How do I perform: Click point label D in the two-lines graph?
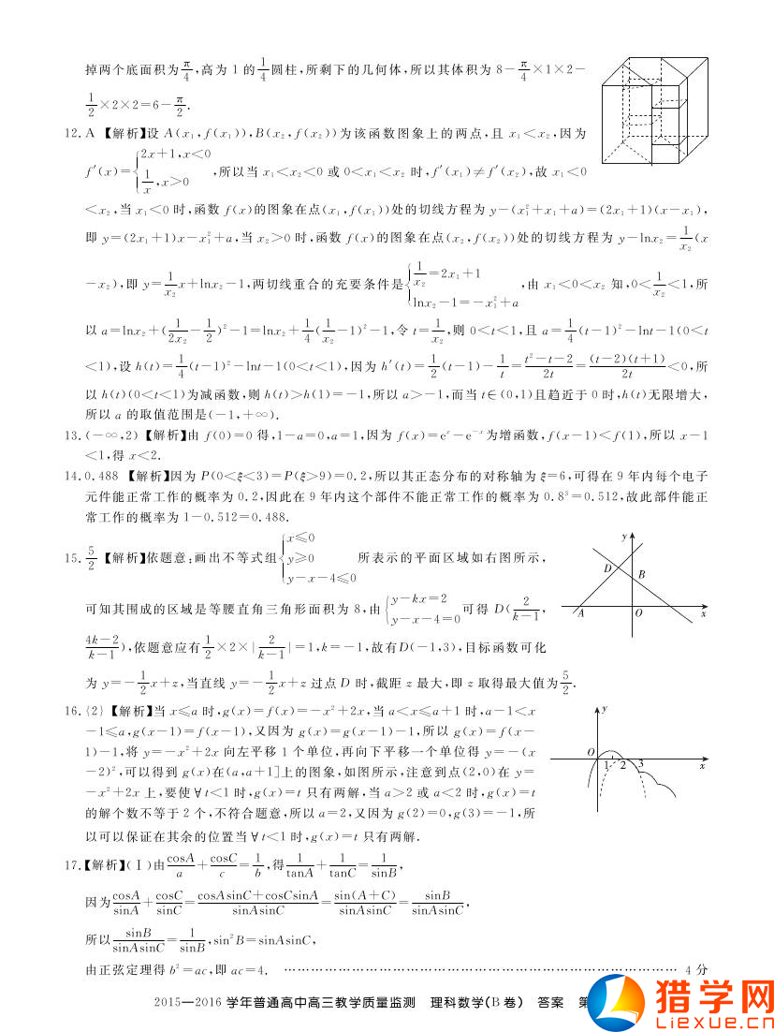607,568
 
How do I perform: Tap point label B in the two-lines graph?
641,574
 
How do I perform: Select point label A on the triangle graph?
581,614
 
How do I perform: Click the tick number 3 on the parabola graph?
641,765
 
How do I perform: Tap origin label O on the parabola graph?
591,751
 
